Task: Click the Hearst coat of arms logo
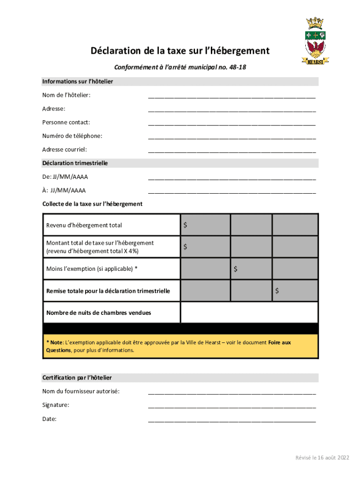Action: point(316,42)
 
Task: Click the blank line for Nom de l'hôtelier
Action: point(232,96)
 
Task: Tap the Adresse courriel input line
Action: point(232,151)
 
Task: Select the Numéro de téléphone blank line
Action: point(232,137)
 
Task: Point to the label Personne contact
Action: point(66,123)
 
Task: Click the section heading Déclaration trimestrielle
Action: point(75,163)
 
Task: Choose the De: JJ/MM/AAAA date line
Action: point(232,178)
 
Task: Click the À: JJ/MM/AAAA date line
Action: point(232,191)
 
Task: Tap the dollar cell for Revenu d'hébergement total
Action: point(205,225)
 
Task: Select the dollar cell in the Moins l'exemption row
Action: point(251,269)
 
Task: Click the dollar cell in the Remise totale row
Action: point(295,290)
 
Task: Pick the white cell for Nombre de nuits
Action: point(249,312)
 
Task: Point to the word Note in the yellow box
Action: point(57,342)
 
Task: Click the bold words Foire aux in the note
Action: point(279,342)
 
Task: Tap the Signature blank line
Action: point(232,406)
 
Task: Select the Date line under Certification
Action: point(232,420)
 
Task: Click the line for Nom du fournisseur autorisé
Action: point(232,393)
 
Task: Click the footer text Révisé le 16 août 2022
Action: point(322,457)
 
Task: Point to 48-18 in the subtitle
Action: point(237,67)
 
